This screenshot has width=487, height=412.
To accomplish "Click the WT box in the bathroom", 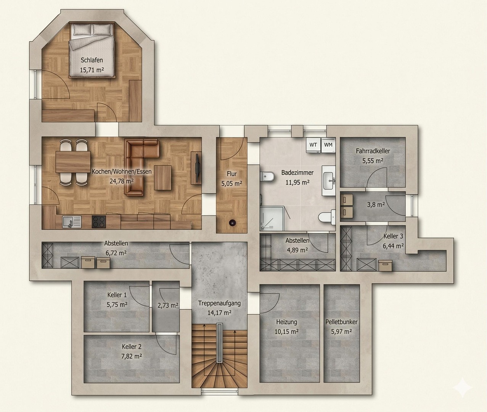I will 313,145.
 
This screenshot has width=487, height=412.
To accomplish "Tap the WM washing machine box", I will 328,145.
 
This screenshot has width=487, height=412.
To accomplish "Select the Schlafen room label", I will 92,60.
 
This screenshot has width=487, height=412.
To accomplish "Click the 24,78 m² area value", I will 121,181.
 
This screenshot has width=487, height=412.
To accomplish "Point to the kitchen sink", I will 71,221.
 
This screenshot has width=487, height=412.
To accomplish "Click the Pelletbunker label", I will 341,322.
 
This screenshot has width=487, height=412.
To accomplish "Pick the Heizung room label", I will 286,322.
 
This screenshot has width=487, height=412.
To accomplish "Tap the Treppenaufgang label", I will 219,304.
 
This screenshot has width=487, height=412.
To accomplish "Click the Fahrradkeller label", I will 373,151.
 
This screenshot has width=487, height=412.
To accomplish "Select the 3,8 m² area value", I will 375,204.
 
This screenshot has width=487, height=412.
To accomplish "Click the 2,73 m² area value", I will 168,305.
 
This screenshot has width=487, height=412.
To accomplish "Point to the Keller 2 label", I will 132,347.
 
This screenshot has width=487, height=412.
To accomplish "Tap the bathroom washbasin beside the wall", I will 328,180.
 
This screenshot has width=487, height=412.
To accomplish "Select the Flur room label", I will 231,174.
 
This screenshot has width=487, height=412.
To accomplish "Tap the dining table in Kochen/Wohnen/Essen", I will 73,162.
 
